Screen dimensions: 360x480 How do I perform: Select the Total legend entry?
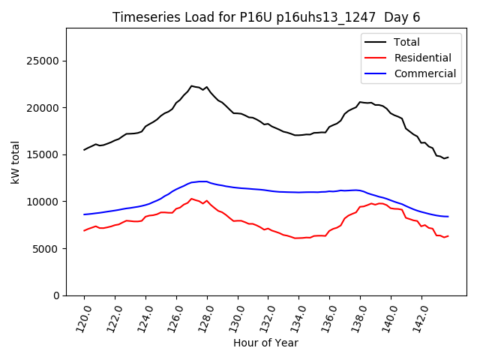tap(404, 42)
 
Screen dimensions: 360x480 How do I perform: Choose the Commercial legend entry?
tap(424, 73)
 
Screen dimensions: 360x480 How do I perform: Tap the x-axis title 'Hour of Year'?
tap(265, 343)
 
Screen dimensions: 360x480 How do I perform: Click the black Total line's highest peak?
tap(192, 85)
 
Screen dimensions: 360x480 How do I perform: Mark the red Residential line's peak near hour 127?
tap(192, 199)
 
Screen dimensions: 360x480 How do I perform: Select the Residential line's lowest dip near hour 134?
tap(295, 238)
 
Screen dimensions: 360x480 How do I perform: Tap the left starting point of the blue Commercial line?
tap(84, 214)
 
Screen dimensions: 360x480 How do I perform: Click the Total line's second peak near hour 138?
tap(360, 102)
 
